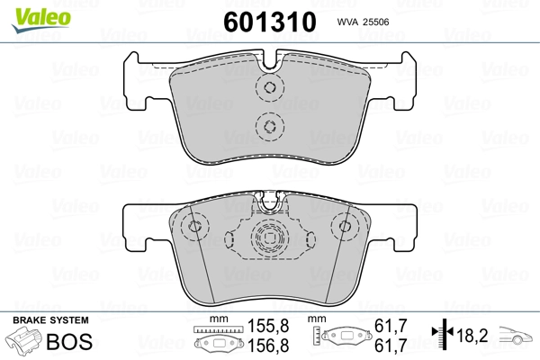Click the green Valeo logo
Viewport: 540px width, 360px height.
[x=41, y=20]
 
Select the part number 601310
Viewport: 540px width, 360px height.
[x=270, y=22]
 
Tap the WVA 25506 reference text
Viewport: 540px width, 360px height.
[x=363, y=22]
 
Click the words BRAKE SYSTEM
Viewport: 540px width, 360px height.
[x=50, y=320]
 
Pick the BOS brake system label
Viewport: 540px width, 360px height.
[x=69, y=342]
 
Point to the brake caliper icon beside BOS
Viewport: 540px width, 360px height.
[x=24, y=341]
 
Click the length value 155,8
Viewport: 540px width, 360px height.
[x=268, y=326]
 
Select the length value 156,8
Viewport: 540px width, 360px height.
[x=268, y=346]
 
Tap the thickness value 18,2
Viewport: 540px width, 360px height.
[x=472, y=335]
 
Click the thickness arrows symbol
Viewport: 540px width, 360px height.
[x=443, y=332]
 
